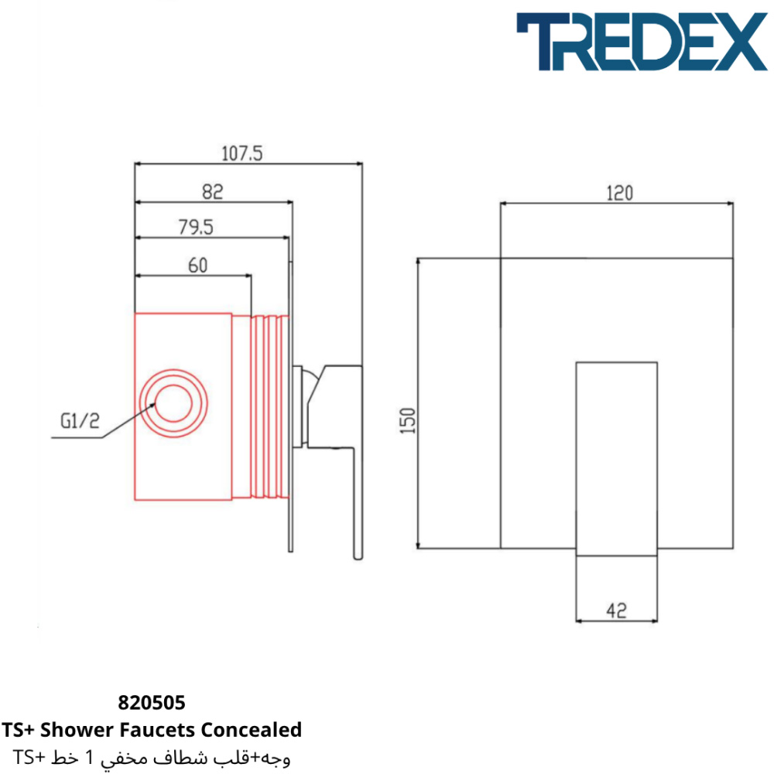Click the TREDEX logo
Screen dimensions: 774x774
point(642,42)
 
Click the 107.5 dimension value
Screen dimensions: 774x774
point(241,153)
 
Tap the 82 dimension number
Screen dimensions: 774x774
point(213,191)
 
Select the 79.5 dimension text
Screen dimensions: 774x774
point(196,227)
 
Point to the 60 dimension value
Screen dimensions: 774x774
point(198,265)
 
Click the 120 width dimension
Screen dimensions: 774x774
point(619,193)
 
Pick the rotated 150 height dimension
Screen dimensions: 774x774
point(408,420)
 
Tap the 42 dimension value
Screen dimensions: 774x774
point(617,611)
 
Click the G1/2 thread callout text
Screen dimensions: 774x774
point(80,420)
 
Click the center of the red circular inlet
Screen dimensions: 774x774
point(173,403)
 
